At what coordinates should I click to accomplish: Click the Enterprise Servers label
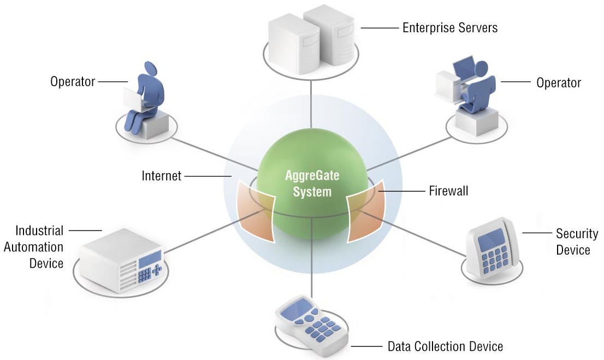(x=450, y=28)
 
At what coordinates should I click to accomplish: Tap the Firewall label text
(x=448, y=191)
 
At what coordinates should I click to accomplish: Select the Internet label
(x=162, y=176)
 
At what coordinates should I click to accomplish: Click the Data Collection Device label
(x=445, y=346)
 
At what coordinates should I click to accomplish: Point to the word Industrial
(x=39, y=231)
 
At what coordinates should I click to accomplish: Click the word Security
(x=577, y=233)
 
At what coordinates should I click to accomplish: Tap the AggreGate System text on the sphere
(x=312, y=184)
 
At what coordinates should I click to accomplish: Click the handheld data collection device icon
(x=311, y=326)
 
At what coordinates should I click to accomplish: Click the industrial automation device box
(x=121, y=260)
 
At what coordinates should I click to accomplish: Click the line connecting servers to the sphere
(x=311, y=104)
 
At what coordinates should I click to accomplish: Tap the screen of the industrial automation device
(x=150, y=258)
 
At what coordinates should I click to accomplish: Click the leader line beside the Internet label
(x=208, y=176)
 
